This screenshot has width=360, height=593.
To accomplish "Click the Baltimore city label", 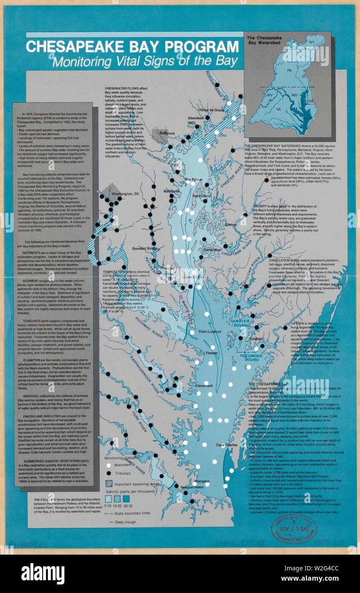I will tap(167, 133).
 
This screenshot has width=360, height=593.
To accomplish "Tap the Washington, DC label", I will tap(125, 194).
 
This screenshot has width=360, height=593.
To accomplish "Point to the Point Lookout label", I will tap(209, 331).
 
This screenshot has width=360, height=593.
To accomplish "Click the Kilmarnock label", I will tap(204, 386).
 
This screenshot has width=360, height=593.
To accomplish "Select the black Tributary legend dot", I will tap(109, 474).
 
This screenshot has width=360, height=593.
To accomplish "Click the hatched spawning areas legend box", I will tap(109, 484).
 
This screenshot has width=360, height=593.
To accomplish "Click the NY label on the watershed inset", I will tap(311, 42).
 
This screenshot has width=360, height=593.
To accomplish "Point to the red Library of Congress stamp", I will tap(294, 529).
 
